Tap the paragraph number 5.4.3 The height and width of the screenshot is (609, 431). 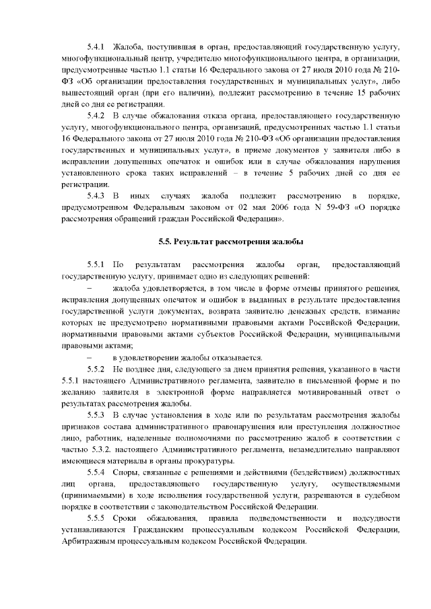98,195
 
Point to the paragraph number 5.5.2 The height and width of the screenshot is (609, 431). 98,370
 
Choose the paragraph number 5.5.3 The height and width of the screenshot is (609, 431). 98,415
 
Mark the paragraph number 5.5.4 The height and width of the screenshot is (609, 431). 98,473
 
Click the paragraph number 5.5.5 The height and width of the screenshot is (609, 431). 98,518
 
